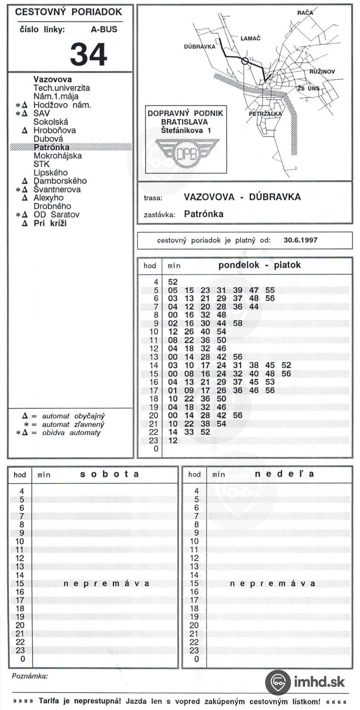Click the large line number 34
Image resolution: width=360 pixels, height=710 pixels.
[88, 54]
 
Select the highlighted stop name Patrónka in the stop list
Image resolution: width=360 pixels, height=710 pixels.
[51, 147]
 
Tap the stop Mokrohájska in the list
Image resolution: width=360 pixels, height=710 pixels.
[57, 156]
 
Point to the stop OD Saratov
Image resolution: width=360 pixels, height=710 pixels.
[56, 215]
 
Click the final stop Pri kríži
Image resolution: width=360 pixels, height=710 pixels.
[50, 223]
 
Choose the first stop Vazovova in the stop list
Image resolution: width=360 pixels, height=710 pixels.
[52, 80]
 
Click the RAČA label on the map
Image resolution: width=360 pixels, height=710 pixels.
[305, 13]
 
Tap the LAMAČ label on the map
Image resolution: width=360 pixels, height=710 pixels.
[250, 38]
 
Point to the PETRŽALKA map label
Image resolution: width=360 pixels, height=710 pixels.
[265, 114]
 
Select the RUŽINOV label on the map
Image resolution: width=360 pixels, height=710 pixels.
[322, 72]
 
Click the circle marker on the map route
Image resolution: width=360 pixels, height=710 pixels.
[244, 61]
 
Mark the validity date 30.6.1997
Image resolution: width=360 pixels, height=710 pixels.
[300, 240]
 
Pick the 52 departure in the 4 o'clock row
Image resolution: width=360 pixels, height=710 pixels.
[173, 282]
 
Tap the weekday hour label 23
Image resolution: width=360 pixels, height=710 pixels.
[153, 440]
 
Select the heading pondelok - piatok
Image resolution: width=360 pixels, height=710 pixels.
[259, 265]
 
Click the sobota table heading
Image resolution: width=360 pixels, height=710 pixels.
[109, 474]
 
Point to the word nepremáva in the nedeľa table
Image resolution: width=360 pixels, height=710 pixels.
[272, 584]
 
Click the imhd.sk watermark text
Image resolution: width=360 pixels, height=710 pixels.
[319, 681]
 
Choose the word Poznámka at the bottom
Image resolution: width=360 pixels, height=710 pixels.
[30, 676]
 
